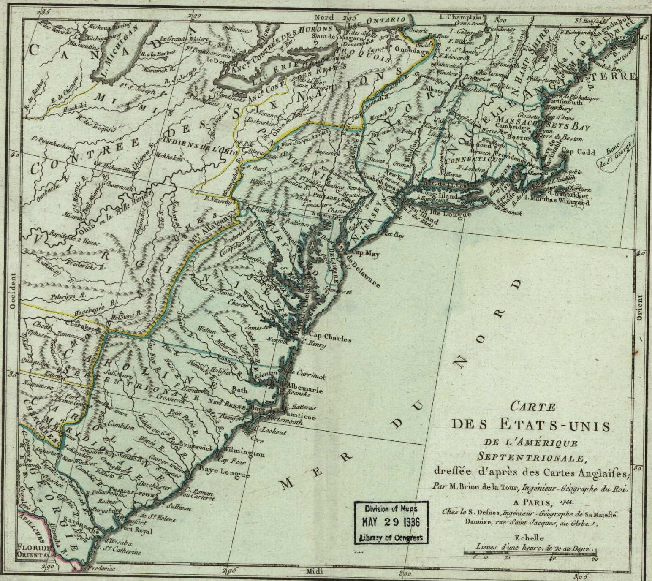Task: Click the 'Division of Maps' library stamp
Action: click(391, 522)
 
